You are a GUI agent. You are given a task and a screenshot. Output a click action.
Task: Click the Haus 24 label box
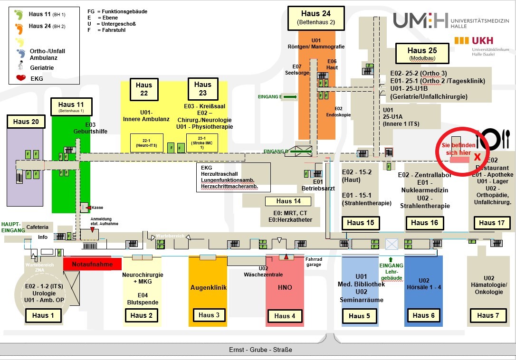click(316, 17)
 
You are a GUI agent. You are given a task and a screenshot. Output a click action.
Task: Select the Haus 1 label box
click(40, 315)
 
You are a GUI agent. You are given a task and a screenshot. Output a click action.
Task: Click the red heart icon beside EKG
click(20, 78)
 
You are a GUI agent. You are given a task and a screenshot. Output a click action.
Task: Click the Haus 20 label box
click(26, 122)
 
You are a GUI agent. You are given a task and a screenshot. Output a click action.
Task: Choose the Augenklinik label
click(208, 287)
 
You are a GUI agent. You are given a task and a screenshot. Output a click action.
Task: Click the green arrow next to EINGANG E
click(290, 97)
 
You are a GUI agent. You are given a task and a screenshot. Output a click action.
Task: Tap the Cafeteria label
click(37, 227)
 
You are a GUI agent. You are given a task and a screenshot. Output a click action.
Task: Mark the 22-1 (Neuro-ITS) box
click(146, 142)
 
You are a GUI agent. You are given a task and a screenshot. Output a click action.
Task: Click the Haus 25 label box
click(422, 54)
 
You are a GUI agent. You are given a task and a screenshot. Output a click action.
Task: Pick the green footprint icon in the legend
click(19, 15)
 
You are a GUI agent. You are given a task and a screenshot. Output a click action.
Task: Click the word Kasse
click(97, 208)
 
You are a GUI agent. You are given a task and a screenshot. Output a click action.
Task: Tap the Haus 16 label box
click(424, 223)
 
